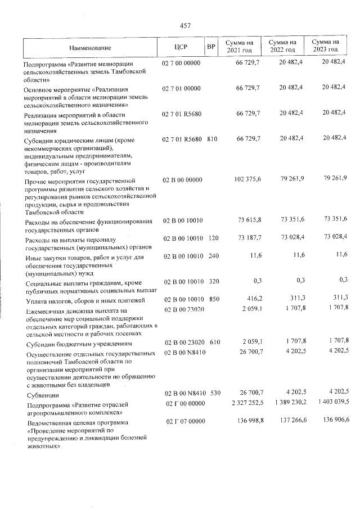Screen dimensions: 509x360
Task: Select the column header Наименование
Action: [x=91, y=47]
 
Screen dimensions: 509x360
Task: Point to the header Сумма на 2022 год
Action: [x=282, y=47]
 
